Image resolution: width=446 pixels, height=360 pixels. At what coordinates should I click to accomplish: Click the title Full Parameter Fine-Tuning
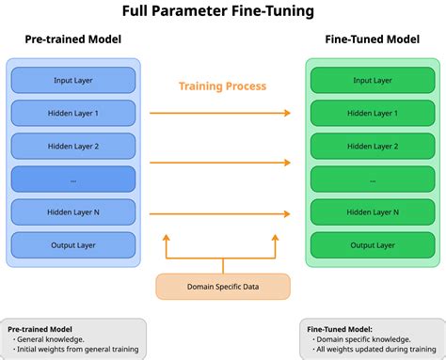pyautogui.click(x=223, y=12)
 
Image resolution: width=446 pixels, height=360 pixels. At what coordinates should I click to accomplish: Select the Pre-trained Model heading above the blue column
pyautogui.click(x=72, y=40)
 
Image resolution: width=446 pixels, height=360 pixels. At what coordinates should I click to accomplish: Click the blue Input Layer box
pyautogui.click(x=73, y=80)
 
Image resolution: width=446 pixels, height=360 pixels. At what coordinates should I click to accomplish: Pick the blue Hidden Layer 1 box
pyautogui.click(x=73, y=113)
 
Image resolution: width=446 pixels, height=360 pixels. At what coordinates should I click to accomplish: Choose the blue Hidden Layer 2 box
pyautogui.click(x=73, y=146)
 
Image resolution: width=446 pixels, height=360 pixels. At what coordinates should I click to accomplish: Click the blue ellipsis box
pyautogui.click(x=73, y=179)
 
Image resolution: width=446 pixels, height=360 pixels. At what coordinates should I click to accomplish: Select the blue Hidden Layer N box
pyautogui.click(x=73, y=212)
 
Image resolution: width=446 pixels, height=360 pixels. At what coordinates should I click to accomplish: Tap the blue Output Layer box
pyautogui.click(x=73, y=245)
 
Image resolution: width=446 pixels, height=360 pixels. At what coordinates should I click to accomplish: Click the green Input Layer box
pyautogui.click(x=372, y=80)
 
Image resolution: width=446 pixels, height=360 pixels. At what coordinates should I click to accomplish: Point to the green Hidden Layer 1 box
pyautogui.click(x=372, y=113)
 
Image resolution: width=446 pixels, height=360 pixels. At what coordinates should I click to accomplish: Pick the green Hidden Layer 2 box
pyautogui.click(x=372, y=146)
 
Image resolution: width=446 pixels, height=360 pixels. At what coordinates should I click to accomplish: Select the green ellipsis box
pyautogui.click(x=372, y=179)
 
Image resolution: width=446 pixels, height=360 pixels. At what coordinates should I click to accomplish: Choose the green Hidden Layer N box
pyautogui.click(x=372, y=212)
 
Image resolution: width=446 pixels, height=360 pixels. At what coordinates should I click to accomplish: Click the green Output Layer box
pyautogui.click(x=372, y=245)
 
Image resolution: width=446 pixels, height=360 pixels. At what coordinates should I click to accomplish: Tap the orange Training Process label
pyautogui.click(x=222, y=86)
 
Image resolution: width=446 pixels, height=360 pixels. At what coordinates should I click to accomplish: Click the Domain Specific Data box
pyautogui.click(x=222, y=285)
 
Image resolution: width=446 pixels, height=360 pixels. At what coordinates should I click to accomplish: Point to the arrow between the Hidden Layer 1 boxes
pyautogui.click(x=222, y=113)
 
